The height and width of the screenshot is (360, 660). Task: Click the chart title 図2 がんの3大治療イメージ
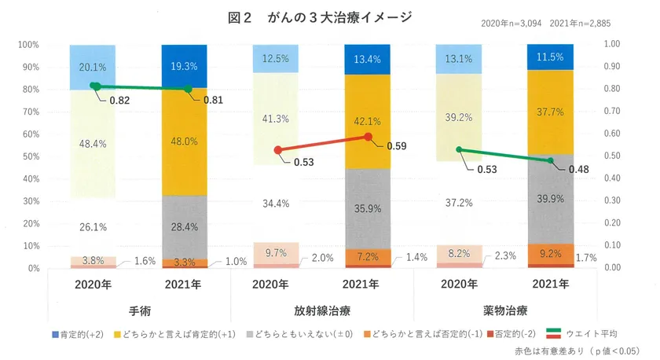click(318, 17)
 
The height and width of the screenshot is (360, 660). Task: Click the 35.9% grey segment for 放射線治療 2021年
click(368, 209)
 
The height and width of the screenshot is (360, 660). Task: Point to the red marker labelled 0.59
click(368, 137)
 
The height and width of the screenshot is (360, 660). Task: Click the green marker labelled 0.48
click(551, 160)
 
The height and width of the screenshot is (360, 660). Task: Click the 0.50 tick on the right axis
click(611, 156)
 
